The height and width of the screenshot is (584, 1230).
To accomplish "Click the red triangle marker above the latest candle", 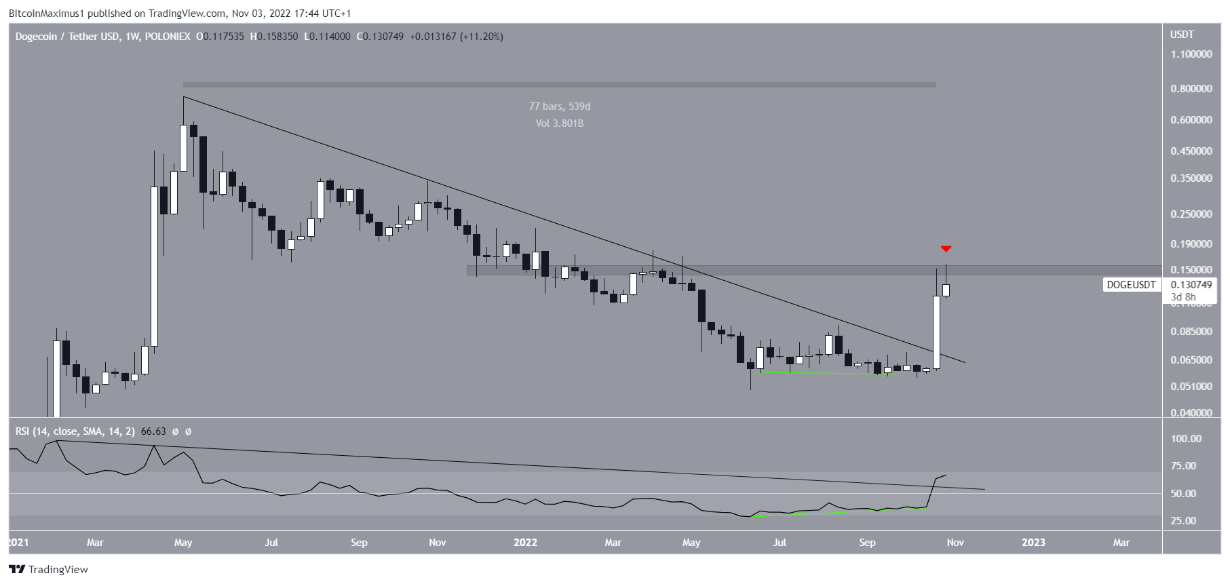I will tap(946, 249).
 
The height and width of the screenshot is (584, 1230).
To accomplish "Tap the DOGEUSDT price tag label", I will tap(1131, 285).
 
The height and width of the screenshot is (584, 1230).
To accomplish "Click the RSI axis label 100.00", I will tap(1186, 439).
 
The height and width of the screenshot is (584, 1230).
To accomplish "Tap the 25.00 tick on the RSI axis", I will tap(1183, 521).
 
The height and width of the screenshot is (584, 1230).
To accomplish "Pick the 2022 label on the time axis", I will tap(525, 543).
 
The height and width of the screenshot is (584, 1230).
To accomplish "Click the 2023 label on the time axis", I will tap(1033, 543).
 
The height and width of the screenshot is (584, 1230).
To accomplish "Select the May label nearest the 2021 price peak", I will tap(183, 543).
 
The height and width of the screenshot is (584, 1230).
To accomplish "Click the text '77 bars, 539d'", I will tap(560, 106).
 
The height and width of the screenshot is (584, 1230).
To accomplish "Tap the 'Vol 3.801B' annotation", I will tap(560, 123).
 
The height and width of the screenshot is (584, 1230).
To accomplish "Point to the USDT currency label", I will tap(1182, 35).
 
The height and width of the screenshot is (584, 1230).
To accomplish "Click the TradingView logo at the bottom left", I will tap(48, 570).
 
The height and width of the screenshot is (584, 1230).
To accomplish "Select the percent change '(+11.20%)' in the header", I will tap(482, 37).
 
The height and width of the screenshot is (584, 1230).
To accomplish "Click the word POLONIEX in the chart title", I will tap(168, 37).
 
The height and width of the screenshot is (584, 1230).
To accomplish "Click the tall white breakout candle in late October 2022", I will tap(936, 332).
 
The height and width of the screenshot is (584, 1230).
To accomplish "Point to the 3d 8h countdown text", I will tap(1183, 297).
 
